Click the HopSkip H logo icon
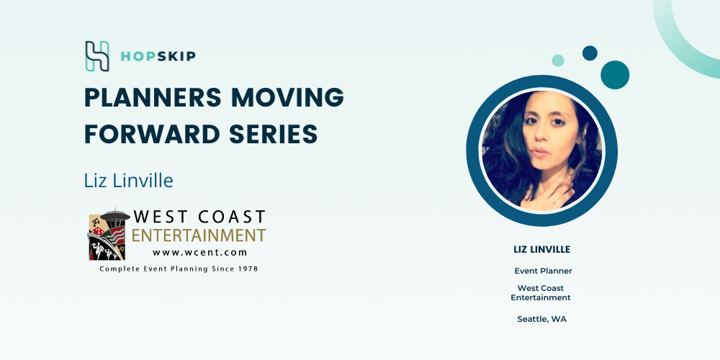point(97,56)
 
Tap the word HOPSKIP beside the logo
point(158,56)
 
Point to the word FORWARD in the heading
point(152,134)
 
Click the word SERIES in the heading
point(274,134)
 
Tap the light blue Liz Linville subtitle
point(129,181)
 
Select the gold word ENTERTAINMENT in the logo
point(199,235)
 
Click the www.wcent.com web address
point(199,252)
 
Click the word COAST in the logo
point(232,217)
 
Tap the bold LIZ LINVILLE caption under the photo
point(542,249)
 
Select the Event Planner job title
point(543,271)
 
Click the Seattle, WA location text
point(542,319)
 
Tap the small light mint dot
point(558,60)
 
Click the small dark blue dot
point(590,53)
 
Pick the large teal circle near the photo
point(615,75)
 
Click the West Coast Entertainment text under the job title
point(541,292)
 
